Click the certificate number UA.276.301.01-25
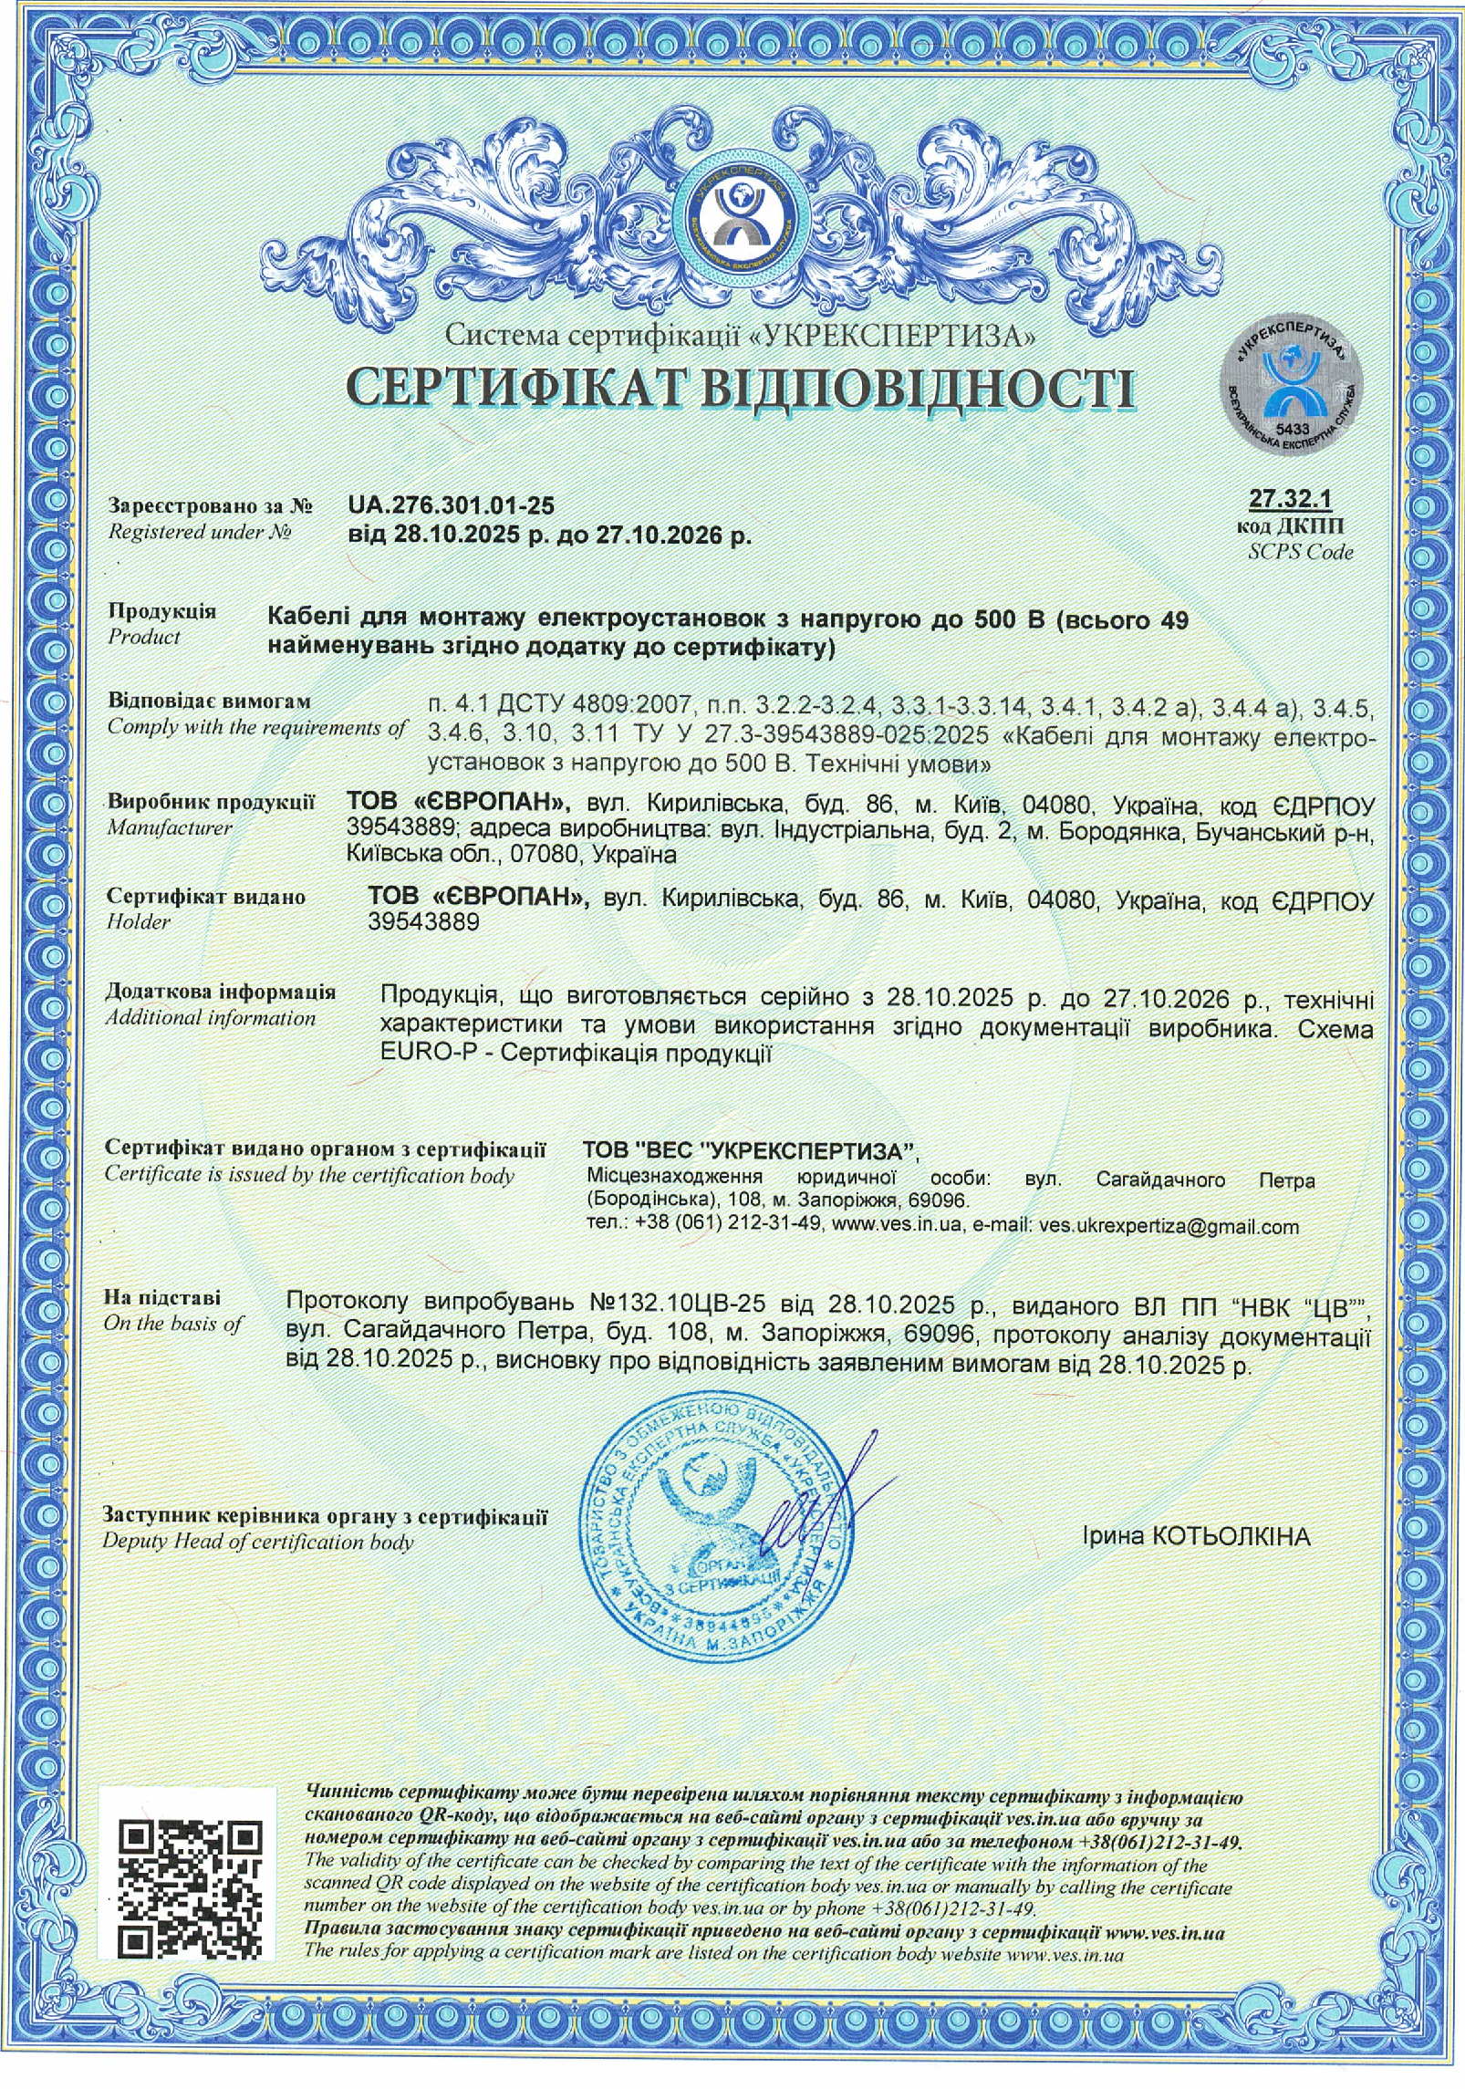click(x=451, y=505)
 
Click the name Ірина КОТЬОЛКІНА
click(x=1196, y=1536)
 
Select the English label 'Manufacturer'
click(x=170, y=827)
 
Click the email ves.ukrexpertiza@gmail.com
click(x=1169, y=1227)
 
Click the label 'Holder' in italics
click(x=139, y=921)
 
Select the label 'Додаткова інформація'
click(x=221, y=991)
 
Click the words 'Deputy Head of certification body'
click(x=258, y=1542)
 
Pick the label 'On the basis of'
click(x=173, y=1323)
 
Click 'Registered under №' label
click(x=200, y=531)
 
